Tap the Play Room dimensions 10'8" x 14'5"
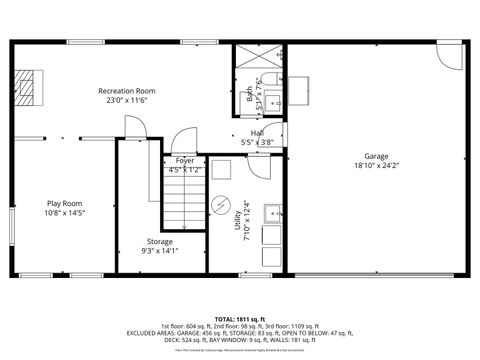[x=65, y=212]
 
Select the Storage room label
[x=160, y=241]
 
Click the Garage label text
[x=376, y=156]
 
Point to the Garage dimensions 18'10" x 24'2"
[x=376, y=166]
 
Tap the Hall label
[x=257, y=132]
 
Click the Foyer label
[x=185, y=160]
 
